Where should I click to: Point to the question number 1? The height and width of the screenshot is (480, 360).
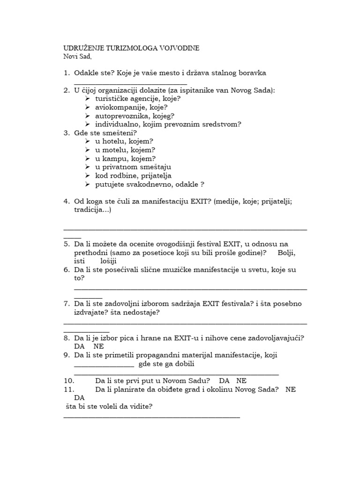(66, 73)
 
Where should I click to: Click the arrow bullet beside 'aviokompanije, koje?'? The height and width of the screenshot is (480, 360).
(88, 107)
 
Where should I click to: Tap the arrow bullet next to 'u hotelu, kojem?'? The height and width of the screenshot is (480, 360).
(88, 141)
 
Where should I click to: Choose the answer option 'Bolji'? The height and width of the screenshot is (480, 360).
(286, 253)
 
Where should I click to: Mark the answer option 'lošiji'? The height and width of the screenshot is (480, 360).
(109, 261)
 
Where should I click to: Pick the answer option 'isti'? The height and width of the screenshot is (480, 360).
(79, 261)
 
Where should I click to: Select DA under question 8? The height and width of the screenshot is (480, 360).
(79, 346)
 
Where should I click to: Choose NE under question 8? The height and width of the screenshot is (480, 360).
(98, 346)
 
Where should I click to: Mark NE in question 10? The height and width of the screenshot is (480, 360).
(241, 381)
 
